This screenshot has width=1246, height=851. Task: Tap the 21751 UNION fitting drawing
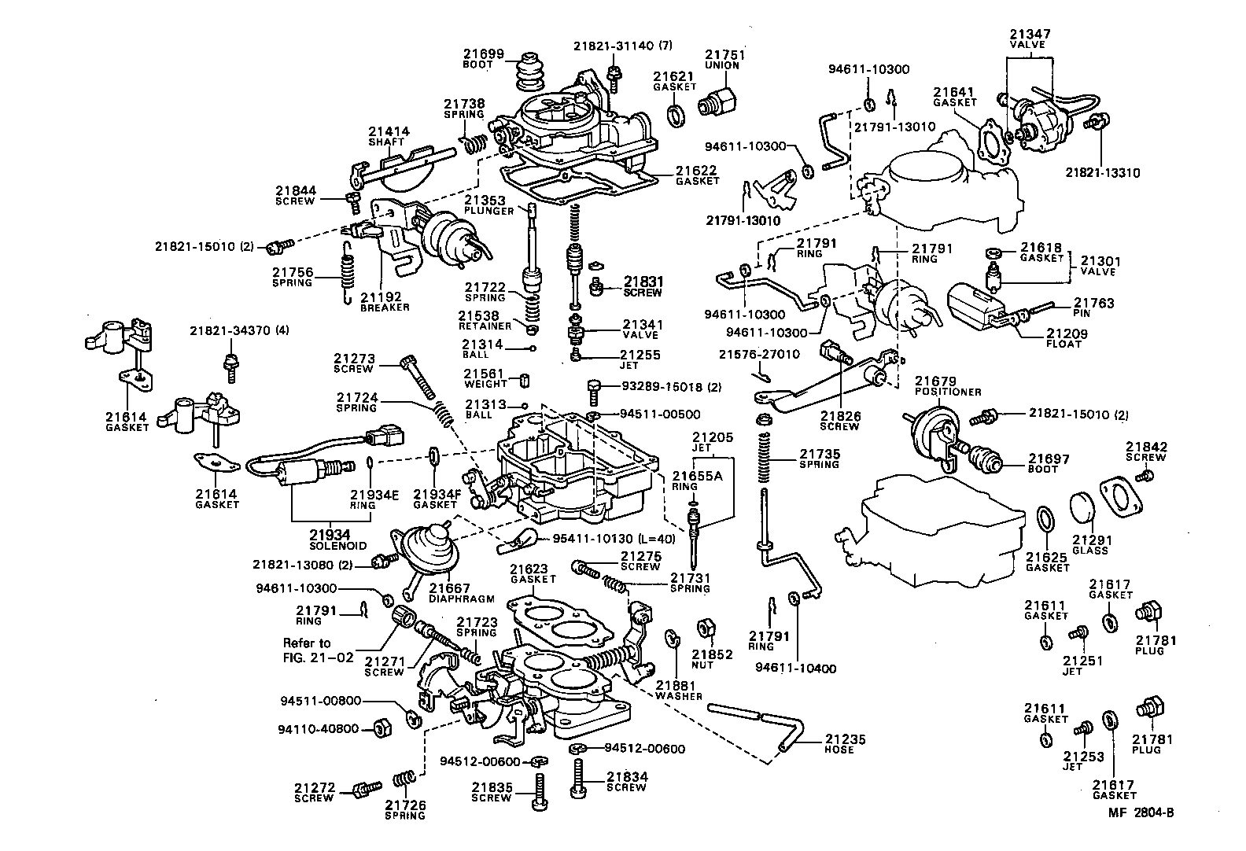(717, 101)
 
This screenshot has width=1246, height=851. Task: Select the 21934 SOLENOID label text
(337, 540)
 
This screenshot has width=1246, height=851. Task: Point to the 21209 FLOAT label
(1066, 339)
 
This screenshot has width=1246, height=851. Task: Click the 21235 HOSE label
(846, 744)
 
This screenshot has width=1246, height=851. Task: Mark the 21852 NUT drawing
(705, 628)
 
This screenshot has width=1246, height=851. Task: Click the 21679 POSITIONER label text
(948, 386)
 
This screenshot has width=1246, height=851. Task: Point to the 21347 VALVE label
(1030, 39)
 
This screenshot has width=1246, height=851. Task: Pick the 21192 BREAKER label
(385, 302)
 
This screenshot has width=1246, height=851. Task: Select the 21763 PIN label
(1093, 308)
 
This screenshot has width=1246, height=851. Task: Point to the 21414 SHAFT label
(386, 136)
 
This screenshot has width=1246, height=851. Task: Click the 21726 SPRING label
(405, 809)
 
